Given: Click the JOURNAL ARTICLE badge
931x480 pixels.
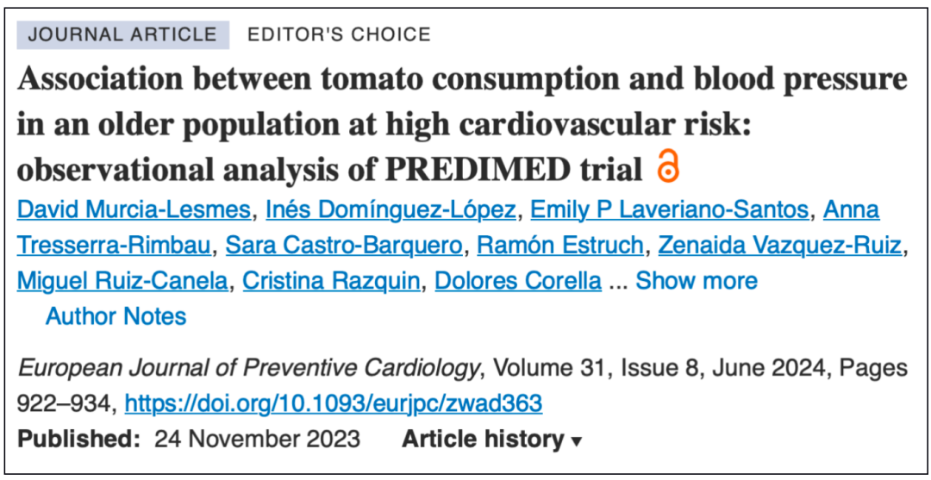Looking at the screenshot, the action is [x=123, y=34].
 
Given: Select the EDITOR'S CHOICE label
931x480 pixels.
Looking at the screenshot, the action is [x=339, y=34].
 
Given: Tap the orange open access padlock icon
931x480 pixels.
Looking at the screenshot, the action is [x=668, y=166].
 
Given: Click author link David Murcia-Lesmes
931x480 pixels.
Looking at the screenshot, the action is [x=134, y=210].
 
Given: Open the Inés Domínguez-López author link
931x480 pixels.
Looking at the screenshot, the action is [x=391, y=210].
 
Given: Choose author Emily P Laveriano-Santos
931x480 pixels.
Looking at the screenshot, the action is [x=669, y=210].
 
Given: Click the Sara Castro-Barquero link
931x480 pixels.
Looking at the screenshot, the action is [x=344, y=246].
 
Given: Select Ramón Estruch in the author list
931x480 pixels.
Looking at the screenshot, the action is [x=560, y=246].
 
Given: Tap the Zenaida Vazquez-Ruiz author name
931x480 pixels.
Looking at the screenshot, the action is [x=779, y=246].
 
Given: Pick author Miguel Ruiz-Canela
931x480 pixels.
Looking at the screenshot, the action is [x=122, y=281].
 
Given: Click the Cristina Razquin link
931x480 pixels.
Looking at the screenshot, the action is [x=331, y=281].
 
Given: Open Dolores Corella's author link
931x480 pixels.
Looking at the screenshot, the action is [x=518, y=281].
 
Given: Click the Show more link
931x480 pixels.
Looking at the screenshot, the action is [x=697, y=281].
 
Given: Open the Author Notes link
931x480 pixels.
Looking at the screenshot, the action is [x=116, y=316].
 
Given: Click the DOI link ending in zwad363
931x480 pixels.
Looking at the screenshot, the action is [x=333, y=404].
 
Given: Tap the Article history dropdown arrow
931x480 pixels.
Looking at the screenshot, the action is [x=575, y=441].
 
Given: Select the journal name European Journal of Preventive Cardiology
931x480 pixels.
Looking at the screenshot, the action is [x=248, y=370].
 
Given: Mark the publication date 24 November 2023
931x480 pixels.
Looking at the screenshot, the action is [x=257, y=439].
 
